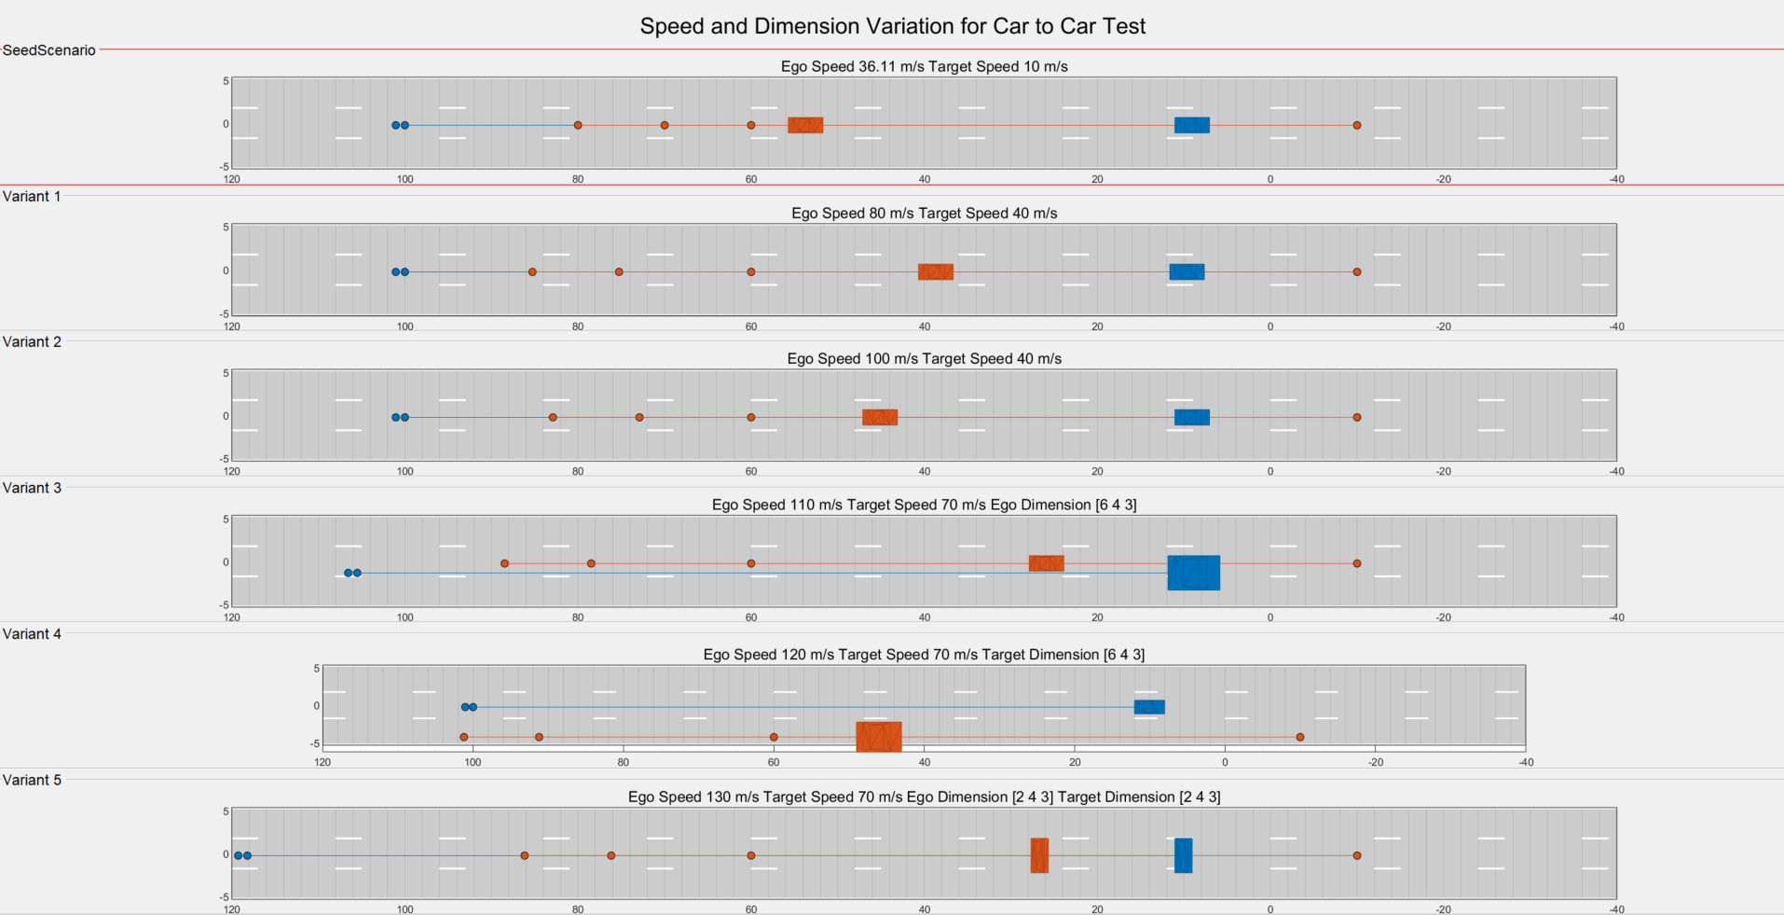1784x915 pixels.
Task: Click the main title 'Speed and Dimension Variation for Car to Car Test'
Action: click(x=892, y=26)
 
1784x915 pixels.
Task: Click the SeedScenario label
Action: click(x=49, y=50)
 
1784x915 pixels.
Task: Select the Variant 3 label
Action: click(x=32, y=488)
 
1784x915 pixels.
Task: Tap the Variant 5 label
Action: click(x=32, y=780)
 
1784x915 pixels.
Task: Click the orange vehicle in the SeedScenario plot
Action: click(x=805, y=125)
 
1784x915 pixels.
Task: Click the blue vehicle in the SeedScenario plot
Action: click(x=1191, y=125)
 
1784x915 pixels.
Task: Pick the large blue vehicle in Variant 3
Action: click(x=1193, y=573)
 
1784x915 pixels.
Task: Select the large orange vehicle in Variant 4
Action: click(x=879, y=737)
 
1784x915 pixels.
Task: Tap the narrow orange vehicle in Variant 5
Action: click(x=1039, y=855)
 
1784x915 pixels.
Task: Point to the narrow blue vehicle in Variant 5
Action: click(x=1183, y=855)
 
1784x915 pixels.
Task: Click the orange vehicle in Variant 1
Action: click(x=935, y=271)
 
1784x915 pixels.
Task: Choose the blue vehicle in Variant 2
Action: click(x=1191, y=417)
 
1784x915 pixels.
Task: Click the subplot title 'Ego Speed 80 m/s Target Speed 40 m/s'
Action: click(x=924, y=214)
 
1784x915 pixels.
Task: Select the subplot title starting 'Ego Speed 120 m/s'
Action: click(x=924, y=655)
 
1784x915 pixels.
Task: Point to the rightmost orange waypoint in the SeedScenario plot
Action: click(x=1357, y=125)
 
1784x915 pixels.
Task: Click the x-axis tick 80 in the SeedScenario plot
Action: click(x=578, y=179)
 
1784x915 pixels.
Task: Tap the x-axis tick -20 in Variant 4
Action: click(x=1376, y=762)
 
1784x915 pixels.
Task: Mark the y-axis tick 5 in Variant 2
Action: click(x=226, y=373)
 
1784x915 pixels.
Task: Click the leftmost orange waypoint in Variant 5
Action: click(x=525, y=855)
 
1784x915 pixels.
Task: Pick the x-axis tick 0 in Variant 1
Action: click(x=1270, y=326)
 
